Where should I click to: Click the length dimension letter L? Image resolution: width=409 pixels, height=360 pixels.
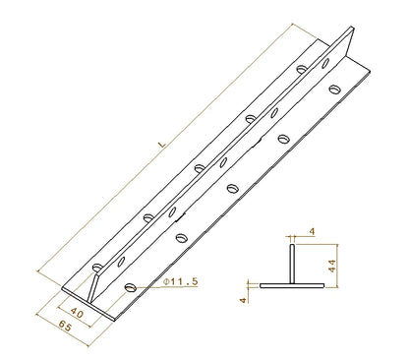pos(162,144)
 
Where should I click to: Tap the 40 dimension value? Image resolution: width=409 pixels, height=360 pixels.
pos(77,313)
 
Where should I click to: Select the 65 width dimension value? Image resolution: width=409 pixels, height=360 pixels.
pos(65,327)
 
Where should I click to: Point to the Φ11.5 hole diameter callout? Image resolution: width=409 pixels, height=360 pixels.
pos(181,281)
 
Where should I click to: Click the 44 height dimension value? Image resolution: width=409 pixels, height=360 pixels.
pos(332,266)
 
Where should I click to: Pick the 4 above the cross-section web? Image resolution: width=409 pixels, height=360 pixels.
pos(312,231)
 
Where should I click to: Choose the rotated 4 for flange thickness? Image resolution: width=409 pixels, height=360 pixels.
pos(243,300)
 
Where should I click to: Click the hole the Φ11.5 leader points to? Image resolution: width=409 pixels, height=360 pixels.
pos(131,287)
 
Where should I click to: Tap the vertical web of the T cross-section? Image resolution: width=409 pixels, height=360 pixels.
pos(292,264)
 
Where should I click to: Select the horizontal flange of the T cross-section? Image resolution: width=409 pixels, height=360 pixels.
pos(292,285)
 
